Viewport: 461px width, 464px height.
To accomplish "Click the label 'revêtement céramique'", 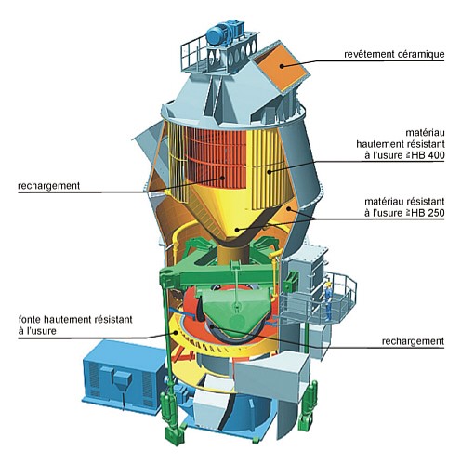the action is tap(394, 54).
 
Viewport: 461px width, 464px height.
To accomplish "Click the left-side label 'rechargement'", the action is tap(49, 186).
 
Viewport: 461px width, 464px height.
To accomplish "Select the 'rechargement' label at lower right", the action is tap(413, 341).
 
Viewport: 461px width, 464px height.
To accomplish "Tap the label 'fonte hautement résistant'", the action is tap(75, 319).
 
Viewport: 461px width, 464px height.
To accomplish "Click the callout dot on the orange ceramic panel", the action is tap(282, 65).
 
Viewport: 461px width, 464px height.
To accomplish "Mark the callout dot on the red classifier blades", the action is tap(223, 178).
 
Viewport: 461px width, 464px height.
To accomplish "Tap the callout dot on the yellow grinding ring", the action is tap(176, 332).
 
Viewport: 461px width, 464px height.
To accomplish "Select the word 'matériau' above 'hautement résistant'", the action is tap(425, 133).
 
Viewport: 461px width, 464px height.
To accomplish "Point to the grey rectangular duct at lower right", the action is tap(272, 377).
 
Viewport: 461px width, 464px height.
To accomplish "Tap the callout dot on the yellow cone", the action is tap(237, 230).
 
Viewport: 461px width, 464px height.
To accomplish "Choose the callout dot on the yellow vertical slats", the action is tap(269, 172).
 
